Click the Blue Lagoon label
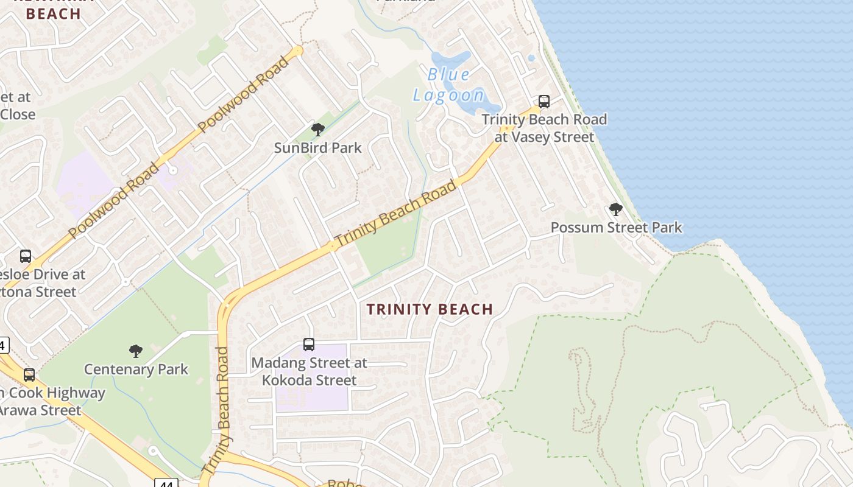click(449, 85)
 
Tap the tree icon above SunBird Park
click(317, 129)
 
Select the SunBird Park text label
click(317, 148)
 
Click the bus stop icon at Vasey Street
click(544, 101)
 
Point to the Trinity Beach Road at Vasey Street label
click(544, 128)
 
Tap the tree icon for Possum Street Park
click(616, 209)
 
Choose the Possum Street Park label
click(616, 228)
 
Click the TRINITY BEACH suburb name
click(430, 309)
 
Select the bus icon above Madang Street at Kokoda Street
click(309, 345)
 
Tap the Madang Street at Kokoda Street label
click(310, 371)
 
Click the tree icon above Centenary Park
click(136, 351)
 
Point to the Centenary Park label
click(136, 370)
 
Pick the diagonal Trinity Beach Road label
click(395, 213)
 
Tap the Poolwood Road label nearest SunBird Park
click(244, 94)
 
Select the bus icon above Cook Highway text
click(29, 375)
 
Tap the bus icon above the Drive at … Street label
click(26, 256)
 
